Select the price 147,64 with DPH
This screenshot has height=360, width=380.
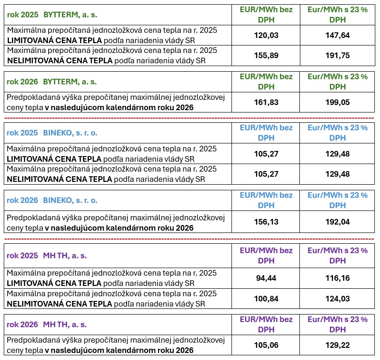(337, 35)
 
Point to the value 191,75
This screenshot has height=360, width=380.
(337, 55)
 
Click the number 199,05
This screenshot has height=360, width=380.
(337, 102)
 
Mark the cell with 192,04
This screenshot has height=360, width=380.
(337, 222)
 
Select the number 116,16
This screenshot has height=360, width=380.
(337, 278)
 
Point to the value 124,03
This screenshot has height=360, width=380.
(337, 299)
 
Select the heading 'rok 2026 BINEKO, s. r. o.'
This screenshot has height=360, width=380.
(52, 200)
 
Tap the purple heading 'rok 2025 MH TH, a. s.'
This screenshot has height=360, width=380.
(47, 256)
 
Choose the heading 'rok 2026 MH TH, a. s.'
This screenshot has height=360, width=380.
(47, 324)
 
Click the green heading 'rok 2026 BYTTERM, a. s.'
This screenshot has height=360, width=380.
(52, 82)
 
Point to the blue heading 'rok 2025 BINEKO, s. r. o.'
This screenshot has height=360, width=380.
(52, 133)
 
